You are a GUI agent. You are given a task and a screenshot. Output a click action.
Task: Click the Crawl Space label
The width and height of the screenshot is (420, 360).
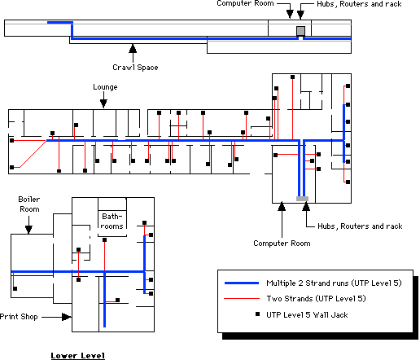point(135,68)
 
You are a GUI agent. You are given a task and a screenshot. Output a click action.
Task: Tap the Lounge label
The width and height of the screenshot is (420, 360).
point(105,87)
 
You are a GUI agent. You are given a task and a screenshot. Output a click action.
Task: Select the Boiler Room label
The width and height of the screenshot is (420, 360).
point(29,204)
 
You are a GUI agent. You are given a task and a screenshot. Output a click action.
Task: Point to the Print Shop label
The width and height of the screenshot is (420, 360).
point(19,317)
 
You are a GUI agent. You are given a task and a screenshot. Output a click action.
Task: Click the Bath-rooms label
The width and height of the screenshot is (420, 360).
point(112,222)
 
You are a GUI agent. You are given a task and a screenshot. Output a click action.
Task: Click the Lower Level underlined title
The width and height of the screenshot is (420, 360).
point(78,356)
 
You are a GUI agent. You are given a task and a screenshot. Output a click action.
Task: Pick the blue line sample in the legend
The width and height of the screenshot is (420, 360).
point(242,283)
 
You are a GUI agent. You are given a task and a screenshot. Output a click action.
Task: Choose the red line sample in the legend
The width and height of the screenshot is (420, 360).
point(242,299)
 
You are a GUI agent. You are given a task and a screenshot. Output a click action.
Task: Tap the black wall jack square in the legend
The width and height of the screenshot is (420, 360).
point(257,314)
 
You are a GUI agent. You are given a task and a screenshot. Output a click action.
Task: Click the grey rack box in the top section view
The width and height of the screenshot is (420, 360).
point(300,31)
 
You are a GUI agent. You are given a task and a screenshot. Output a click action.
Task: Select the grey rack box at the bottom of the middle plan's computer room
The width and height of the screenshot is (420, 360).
point(302,199)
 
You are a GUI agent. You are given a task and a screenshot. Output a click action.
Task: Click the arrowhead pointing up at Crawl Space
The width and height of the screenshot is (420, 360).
point(133,48)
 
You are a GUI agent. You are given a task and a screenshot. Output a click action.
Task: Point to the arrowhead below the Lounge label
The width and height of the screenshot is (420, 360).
point(103,103)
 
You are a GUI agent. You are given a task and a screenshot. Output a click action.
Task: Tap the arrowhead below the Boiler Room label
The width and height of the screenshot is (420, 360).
point(28,230)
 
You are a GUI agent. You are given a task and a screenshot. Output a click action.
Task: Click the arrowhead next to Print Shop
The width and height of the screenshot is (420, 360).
point(67,317)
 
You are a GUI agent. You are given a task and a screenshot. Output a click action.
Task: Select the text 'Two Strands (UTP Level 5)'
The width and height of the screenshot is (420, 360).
point(316,299)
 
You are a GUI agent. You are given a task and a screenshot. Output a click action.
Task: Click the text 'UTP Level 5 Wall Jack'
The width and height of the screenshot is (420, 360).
point(307,315)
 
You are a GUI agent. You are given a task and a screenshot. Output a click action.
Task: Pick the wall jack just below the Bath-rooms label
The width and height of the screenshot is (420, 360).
point(104,239)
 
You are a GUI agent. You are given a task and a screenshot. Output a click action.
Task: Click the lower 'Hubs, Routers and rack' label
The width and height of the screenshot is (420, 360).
point(360,226)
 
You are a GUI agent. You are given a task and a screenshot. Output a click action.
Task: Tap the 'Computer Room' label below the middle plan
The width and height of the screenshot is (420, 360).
point(282,244)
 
